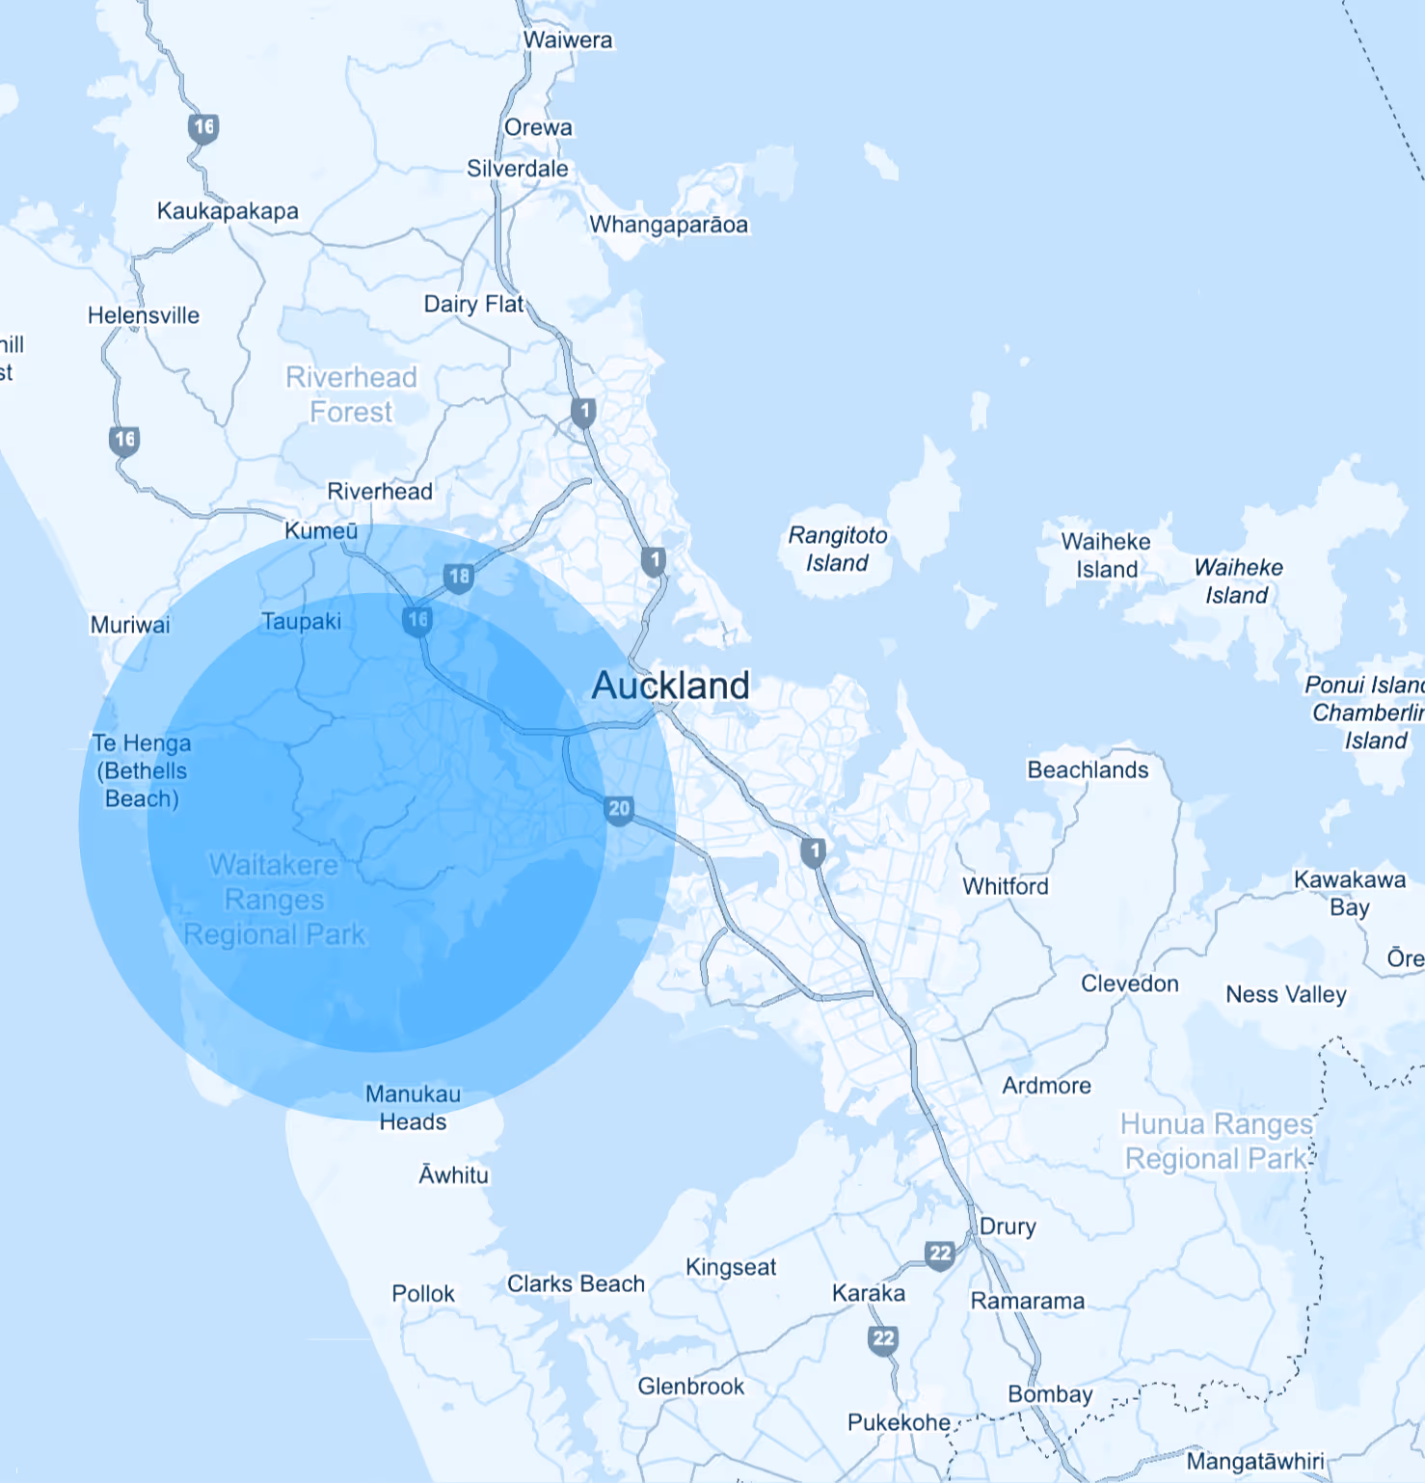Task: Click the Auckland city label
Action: pyautogui.click(x=670, y=686)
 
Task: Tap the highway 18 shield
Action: pyautogui.click(x=459, y=578)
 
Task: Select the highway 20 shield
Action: pyautogui.click(x=619, y=810)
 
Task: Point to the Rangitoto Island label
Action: pyautogui.click(x=838, y=549)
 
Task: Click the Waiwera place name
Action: pyautogui.click(x=568, y=40)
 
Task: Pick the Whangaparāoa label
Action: pyautogui.click(x=669, y=225)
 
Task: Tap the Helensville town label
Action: pyautogui.click(x=144, y=315)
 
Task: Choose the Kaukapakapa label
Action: pyautogui.click(x=228, y=211)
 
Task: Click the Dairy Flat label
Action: pyautogui.click(x=473, y=304)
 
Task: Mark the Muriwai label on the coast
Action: pyautogui.click(x=130, y=625)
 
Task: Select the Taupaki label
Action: pyautogui.click(x=301, y=622)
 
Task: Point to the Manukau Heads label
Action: pyautogui.click(x=413, y=1108)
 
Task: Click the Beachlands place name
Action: pyautogui.click(x=1088, y=769)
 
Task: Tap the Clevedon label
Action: pyautogui.click(x=1129, y=984)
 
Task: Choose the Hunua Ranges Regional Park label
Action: pyautogui.click(x=1217, y=1142)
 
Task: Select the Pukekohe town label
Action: pyautogui.click(x=899, y=1422)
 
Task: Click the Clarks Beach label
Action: pyautogui.click(x=576, y=1284)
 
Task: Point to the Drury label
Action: pyautogui.click(x=1008, y=1227)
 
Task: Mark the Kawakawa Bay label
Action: pyautogui.click(x=1349, y=893)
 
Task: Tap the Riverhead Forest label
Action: pyautogui.click(x=351, y=394)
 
